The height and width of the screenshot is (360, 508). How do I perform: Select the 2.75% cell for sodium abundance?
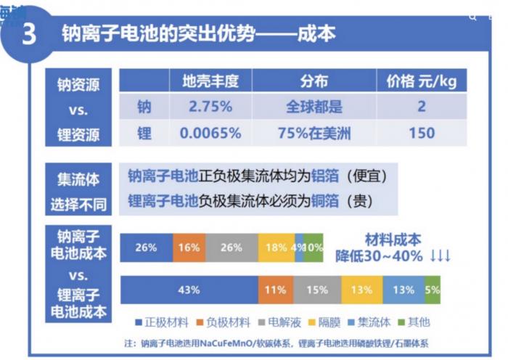click(210, 107)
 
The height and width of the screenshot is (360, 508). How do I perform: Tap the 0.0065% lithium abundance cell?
click(210, 133)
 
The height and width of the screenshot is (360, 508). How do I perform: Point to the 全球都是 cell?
click(314, 107)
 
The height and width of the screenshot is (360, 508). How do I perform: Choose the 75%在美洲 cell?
click(314, 133)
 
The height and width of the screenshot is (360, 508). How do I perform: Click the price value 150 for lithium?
click(422, 133)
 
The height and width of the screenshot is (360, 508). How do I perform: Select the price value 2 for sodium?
click(422, 107)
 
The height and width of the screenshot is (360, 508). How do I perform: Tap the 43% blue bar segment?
click(189, 290)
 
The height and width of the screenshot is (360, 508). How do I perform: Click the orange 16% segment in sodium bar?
click(189, 247)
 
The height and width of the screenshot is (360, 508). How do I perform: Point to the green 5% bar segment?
click(433, 290)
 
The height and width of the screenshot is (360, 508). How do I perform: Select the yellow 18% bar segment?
click(276, 247)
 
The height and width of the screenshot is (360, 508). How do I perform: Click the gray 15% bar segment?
click(317, 290)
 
